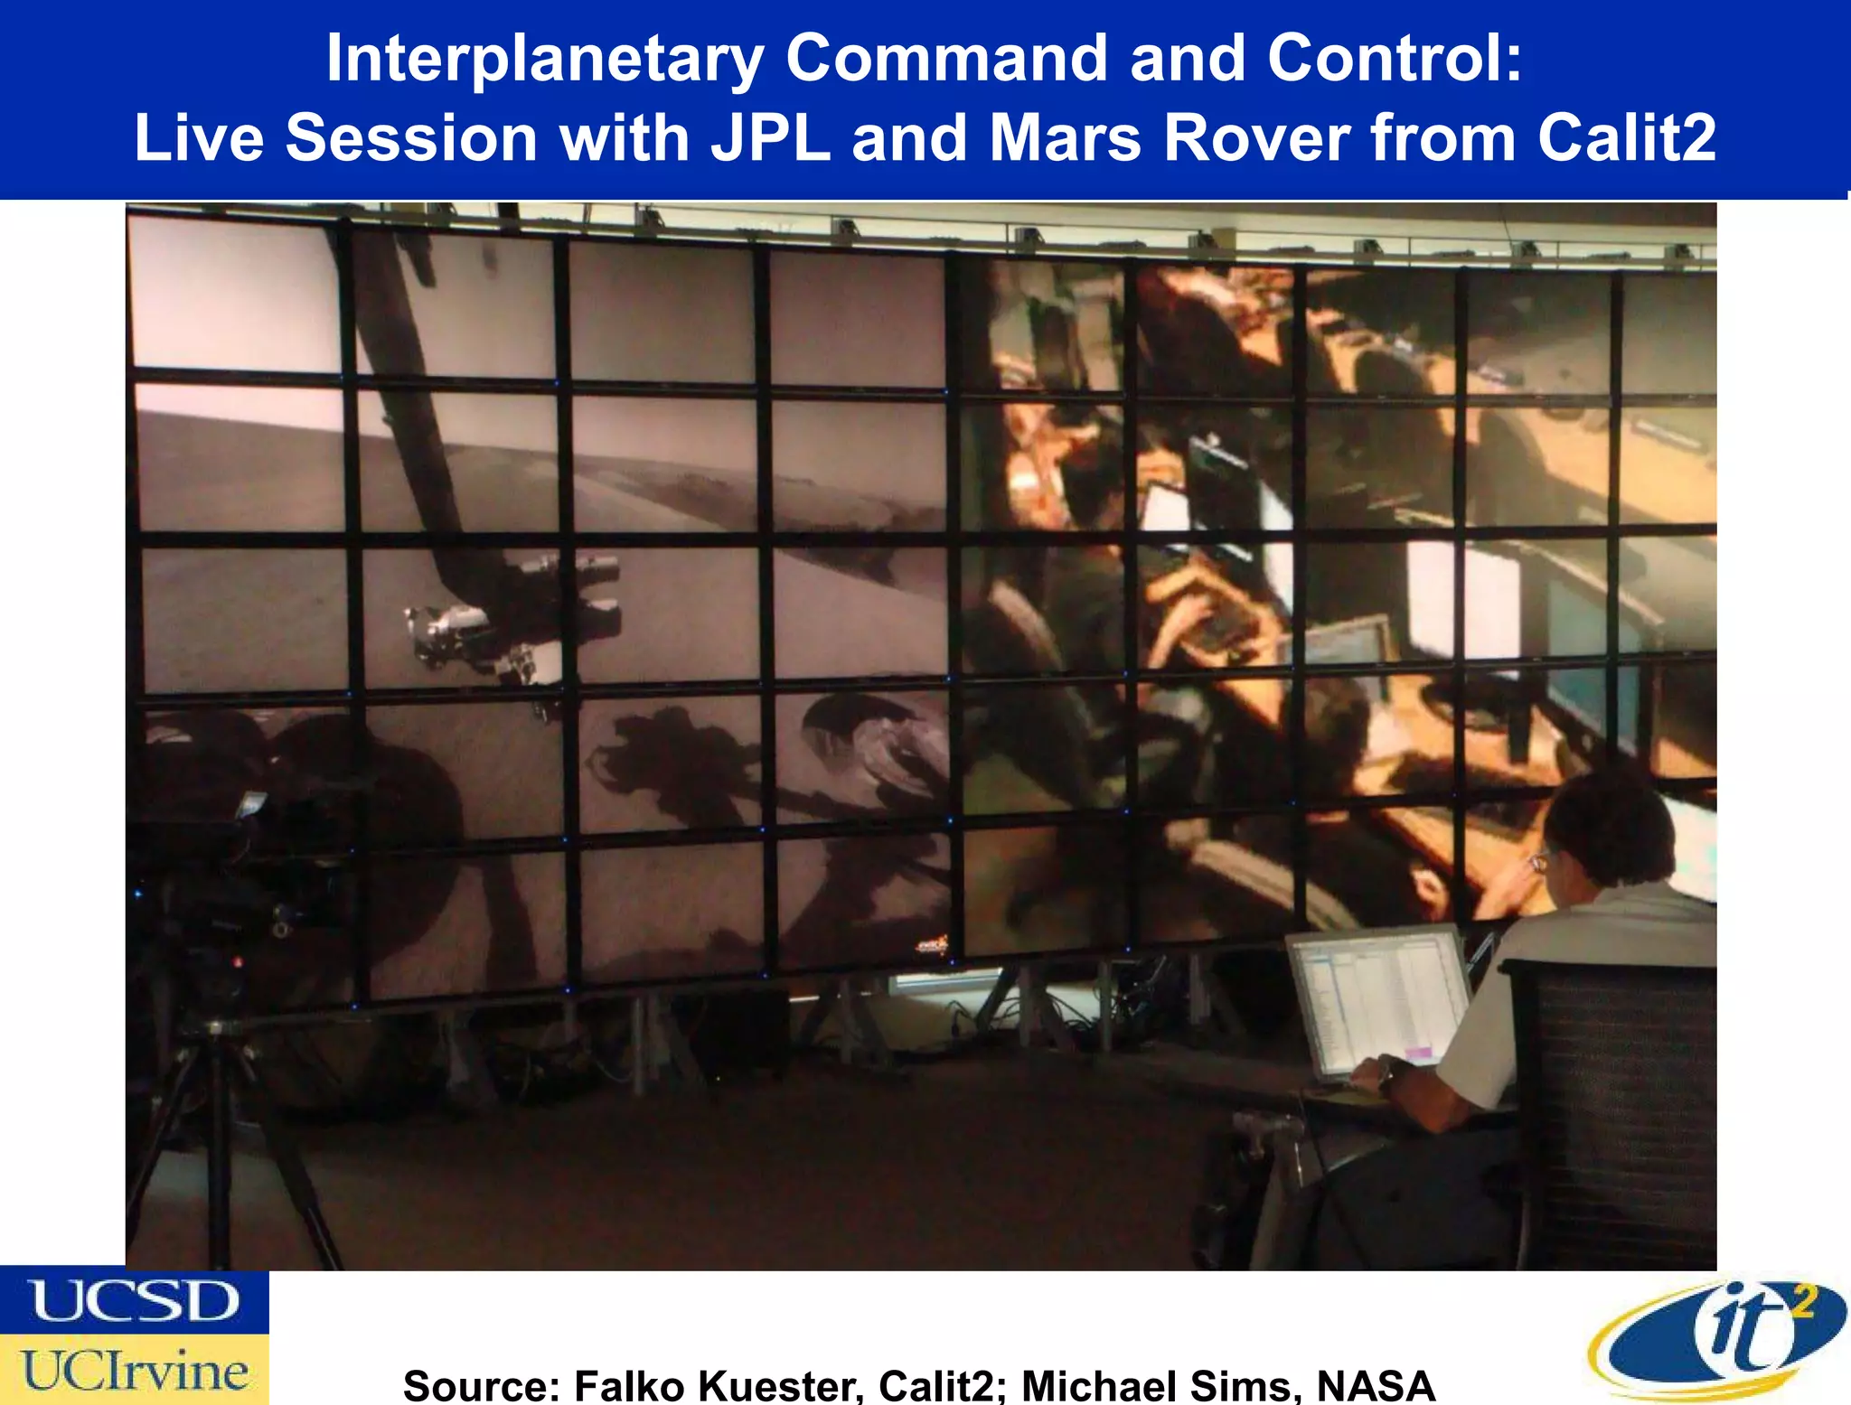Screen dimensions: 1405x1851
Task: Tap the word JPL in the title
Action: pyautogui.click(x=770, y=138)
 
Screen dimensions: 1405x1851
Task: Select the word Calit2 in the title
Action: pyautogui.click(x=1626, y=138)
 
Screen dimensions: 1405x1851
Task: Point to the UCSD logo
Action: pyautogui.click(x=134, y=1301)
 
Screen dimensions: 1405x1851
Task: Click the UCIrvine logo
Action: pyautogui.click(x=134, y=1371)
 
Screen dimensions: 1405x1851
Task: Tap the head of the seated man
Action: pyautogui.click(x=1609, y=831)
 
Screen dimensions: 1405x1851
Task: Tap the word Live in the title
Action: pyautogui.click(x=199, y=138)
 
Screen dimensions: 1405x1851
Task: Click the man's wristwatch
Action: pyautogui.click(x=1385, y=1077)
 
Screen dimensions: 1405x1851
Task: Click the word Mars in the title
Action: pyautogui.click(x=1066, y=138)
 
